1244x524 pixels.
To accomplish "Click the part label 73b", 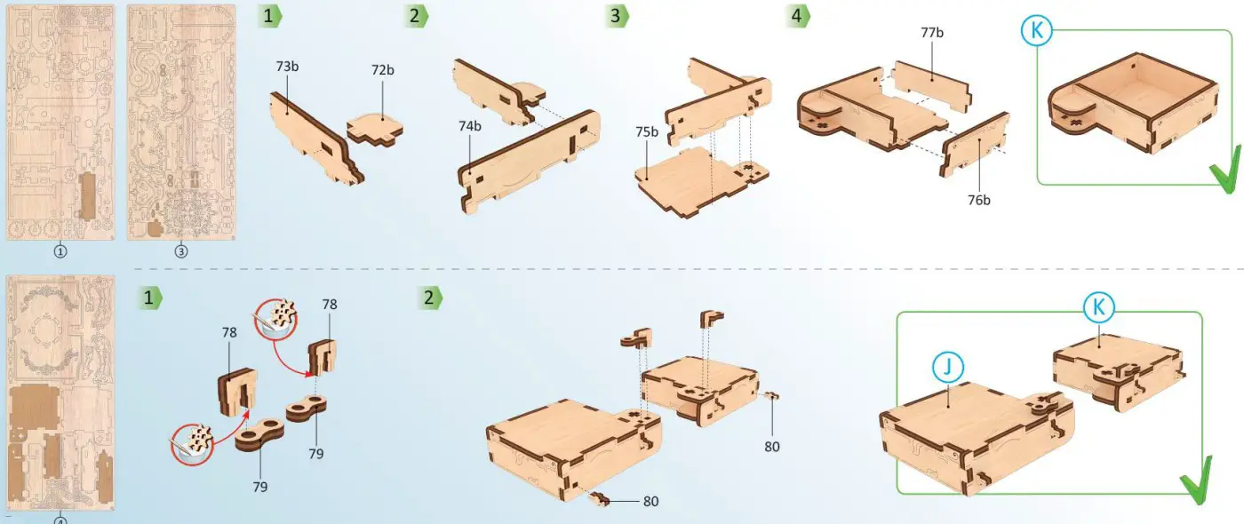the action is [287, 67].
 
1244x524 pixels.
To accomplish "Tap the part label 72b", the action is [383, 70].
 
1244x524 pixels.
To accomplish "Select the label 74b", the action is [470, 126].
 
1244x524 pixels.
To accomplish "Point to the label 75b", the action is [647, 132].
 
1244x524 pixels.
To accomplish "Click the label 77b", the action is [932, 33].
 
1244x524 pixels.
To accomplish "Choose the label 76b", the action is [978, 200].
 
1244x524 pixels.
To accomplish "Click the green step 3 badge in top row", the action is [617, 16].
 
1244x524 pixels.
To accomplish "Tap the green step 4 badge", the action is [798, 16].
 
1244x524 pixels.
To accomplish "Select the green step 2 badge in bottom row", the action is [430, 298].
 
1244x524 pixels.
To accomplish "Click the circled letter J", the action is [948, 367].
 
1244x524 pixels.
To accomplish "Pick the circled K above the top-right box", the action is [1037, 30].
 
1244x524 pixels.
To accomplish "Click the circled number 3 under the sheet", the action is [181, 251].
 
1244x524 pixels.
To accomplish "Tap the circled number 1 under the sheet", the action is [60, 251].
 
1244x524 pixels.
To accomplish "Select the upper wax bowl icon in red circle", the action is [275, 319].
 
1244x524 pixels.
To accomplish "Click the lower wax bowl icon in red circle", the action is [192, 445].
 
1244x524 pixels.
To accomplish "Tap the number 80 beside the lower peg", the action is [650, 502].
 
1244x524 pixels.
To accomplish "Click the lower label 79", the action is [259, 487].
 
